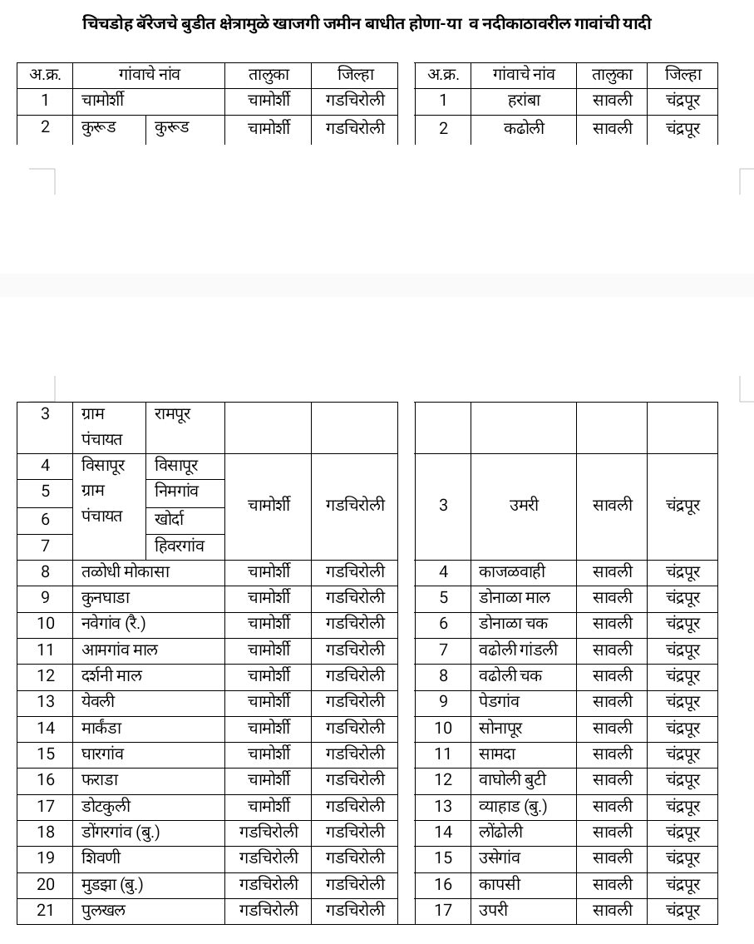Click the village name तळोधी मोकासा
(x=126, y=571)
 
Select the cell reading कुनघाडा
(x=106, y=597)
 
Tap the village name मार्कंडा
(x=101, y=728)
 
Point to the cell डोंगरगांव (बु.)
(x=121, y=832)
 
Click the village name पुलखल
(x=104, y=910)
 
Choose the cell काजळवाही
(x=512, y=571)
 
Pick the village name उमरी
(x=524, y=505)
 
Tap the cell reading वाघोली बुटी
(x=513, y=780)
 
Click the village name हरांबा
(x=524, y=101)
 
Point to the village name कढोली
(x=524, y=128)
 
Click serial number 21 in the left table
(x=46, y=910)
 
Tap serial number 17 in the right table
(x=443, y=910)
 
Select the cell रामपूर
(x=173, y=413)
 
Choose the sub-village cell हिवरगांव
(x=179, y=546)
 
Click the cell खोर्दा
(x=170, y=519)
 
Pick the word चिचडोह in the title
(x=110, y=23)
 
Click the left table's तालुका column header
(x=269, y=74)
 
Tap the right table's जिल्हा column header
(x=683, y=74)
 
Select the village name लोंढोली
(x=501, y=832)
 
